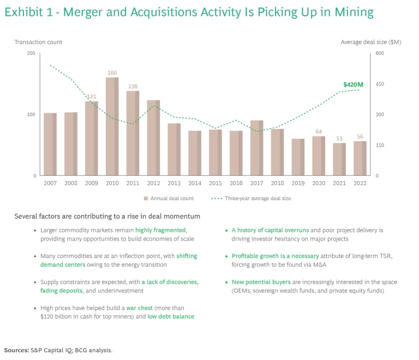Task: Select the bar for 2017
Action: [x=256, y=148]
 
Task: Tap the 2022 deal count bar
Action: [x=360, y=158]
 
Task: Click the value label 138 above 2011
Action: [x=133, y=86]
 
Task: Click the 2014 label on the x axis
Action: [x=195, y=183]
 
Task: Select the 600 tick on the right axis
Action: [x=379, y=53]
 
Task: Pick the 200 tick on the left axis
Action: [x=31, y=53]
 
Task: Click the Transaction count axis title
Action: [x=38, y=42]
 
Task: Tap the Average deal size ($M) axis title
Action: [x=370, y=42]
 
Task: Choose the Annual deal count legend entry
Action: [x=169, y=199]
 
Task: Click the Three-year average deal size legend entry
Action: [x=254, y=199]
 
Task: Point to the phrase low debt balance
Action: [x=171, y=316]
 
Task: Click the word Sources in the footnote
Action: [x=16, y=350]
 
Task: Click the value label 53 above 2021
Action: [x=339, y=139]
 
